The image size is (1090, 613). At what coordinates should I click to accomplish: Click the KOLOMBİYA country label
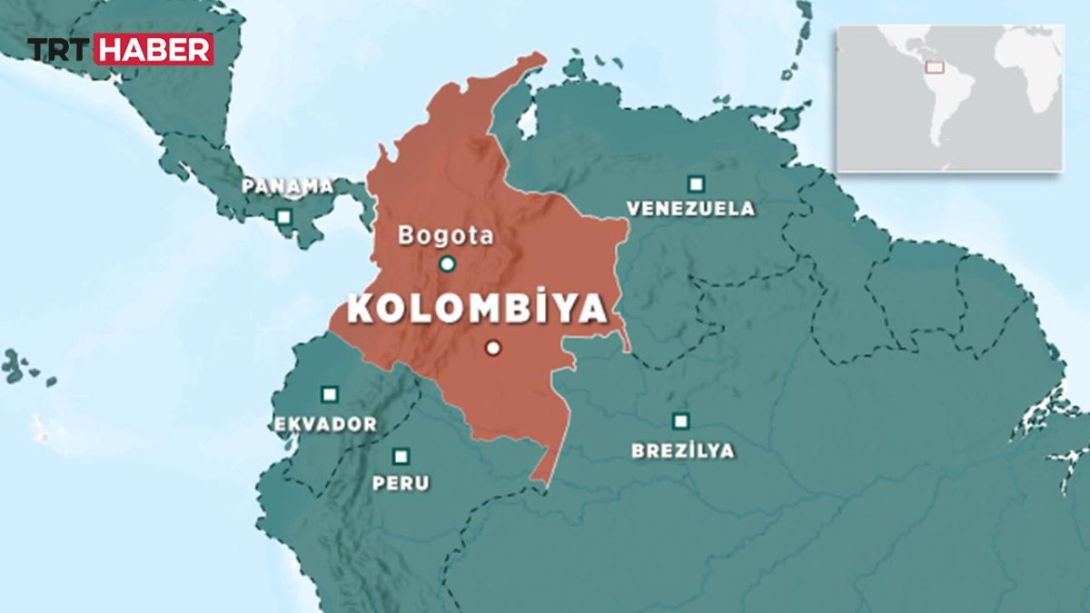[478, 309]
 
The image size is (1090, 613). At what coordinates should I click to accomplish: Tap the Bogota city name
[446, 236]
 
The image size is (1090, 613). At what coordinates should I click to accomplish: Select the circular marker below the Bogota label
[447, 264]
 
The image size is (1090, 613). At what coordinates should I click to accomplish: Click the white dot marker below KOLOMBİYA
[493, 348]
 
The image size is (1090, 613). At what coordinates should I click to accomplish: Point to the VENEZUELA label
[690, 209]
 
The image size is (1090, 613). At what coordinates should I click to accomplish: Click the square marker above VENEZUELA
[696, 183]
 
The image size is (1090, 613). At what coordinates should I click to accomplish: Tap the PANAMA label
[288, 186]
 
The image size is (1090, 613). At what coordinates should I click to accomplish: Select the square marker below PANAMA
[284, 217]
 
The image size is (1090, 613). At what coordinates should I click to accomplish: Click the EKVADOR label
[325, 424]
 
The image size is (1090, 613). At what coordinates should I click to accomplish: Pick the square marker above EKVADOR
[329, 394]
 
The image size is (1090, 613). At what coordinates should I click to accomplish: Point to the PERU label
[401, 483]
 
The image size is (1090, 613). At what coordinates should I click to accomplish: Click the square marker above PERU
[401, 456]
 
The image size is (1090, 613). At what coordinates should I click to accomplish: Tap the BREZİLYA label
[683, 450]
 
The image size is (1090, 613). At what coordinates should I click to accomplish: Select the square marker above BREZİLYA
[680, 421]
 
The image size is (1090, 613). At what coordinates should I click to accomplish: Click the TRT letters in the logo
[59, 49]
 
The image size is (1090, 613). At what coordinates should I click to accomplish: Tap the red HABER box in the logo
[154, 49]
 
